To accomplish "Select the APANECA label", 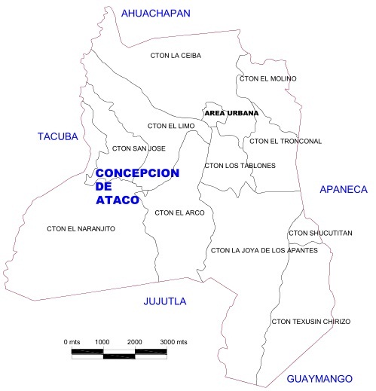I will click(343, 189).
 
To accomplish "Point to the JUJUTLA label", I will click(164, 301).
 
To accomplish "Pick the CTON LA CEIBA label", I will click(176, 55).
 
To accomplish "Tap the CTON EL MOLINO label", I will click(267, 78).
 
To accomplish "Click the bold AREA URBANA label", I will click(231, 114).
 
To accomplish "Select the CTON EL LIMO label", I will click(172, 126).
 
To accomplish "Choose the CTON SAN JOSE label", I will click(138, 148).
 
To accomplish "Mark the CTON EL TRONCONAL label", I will click(286, 141).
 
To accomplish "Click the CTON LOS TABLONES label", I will click(240, 165).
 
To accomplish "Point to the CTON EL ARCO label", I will click(179, 212).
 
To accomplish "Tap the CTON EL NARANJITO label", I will click(81, 228).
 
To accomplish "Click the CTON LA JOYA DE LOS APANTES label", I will click(264, 250).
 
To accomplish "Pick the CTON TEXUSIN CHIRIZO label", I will click(310, 322).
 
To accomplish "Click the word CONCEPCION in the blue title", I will click(138, 173).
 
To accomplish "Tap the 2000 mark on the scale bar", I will click(134, 342).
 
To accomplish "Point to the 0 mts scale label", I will click(72, 342).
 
